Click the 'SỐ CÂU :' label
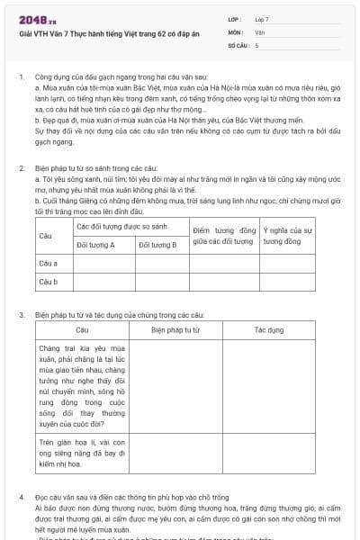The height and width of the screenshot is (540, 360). click(238, 44)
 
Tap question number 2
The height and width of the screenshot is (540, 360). click(22, 168)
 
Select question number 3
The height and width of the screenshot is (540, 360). click(22, 315)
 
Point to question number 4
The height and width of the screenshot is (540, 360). click(22, 497)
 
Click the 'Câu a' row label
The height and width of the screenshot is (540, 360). click(49, 263)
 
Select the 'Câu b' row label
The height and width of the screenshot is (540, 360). click(49, 282)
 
